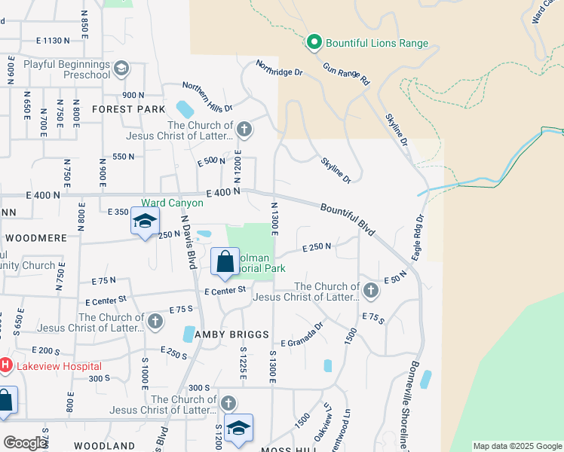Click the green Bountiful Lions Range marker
pyautogui.click(x=314, y=43)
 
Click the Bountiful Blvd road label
pyautogui.click(x=347, y=218)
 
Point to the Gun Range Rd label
pyautogui.click(x=346, y=73)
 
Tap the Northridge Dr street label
pyautogui.click(x=278, y=69)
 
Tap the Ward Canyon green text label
pyautogui.click(x=172, y=203)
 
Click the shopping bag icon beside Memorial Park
pyautogui.click(x=225, y=262)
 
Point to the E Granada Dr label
pyautogui.click(x=302, y=334)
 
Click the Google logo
pyautogui.click(x=26, y=443)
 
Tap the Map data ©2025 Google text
pyautogui.click(x=516, y=446)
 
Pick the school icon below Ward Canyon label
pyautogui.click(x=144, y=221)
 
